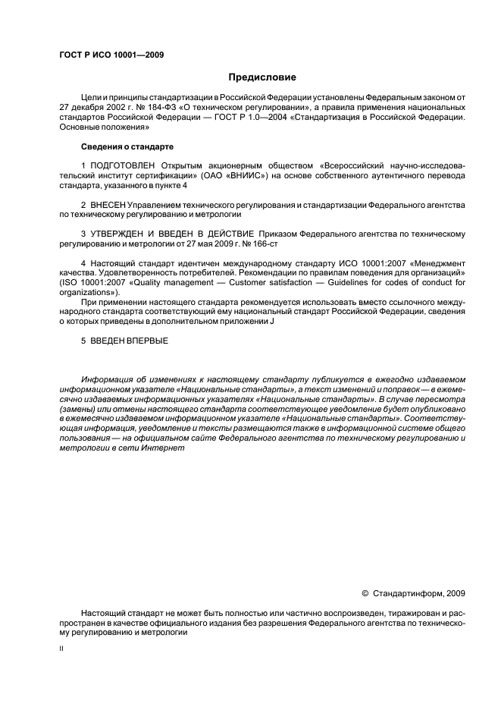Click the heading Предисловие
(263, 77)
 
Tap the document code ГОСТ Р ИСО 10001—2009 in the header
(111, 55)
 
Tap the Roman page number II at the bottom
(61, 649)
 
